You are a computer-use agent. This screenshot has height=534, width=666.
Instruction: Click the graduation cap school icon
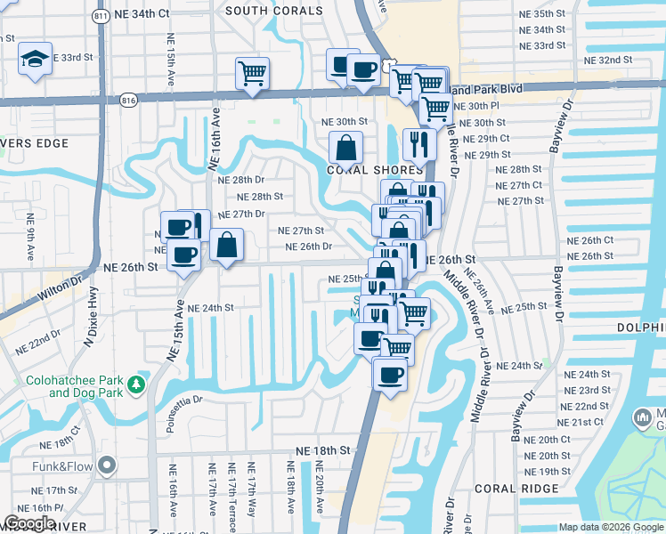(36, 60)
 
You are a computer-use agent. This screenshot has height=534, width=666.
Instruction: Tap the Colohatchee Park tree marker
(135, 384)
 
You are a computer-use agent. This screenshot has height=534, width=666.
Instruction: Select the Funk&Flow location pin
(107, 465)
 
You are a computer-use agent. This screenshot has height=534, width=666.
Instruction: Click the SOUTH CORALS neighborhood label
(274, 11)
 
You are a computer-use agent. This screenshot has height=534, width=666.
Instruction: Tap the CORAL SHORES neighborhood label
(374, 170)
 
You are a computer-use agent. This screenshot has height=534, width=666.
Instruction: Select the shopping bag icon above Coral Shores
(345, 147)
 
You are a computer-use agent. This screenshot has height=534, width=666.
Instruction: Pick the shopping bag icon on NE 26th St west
(227, 245)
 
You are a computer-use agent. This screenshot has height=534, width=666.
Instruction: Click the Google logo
(29, 523)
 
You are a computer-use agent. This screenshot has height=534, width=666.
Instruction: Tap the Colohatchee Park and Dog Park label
(70, 385)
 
